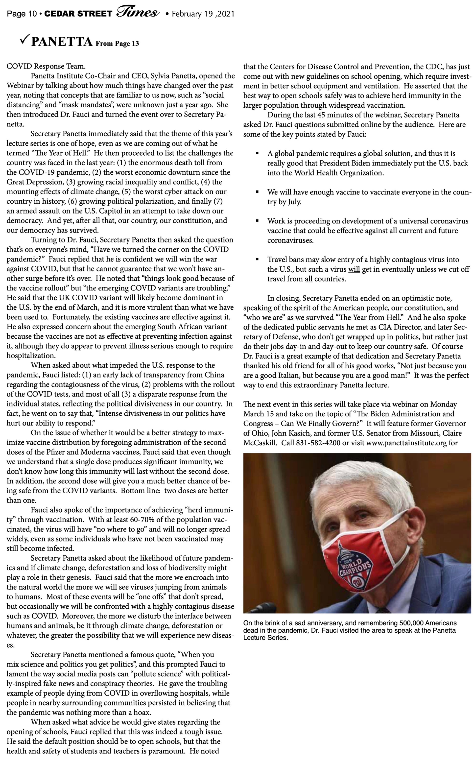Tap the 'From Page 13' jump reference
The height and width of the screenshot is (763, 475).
pos(117,44)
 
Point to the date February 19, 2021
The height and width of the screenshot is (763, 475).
pos(203,14)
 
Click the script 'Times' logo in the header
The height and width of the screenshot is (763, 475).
pos(137,13)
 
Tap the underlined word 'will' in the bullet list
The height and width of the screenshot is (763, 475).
pos(354,269)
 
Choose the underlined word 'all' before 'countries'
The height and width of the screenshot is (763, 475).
pos(309,279)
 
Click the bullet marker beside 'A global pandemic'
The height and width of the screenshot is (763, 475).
pos(257,154)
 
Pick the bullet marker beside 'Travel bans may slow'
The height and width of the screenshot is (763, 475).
pos(257,260)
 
